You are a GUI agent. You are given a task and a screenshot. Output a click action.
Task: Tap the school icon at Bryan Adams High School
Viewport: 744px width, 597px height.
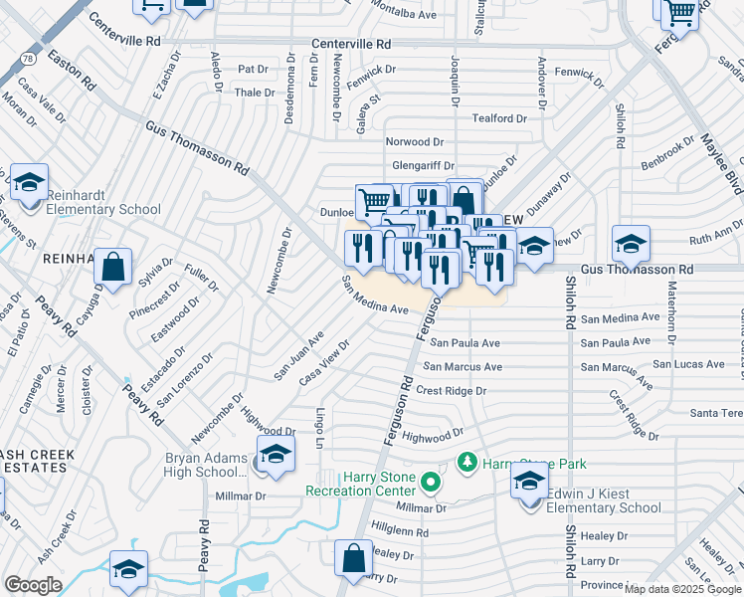coord(276,456)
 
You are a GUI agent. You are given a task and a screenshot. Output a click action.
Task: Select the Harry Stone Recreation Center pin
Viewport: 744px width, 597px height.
coord(430,484)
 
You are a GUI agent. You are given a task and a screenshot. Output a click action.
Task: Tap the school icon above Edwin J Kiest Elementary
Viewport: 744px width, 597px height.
coord(530,482)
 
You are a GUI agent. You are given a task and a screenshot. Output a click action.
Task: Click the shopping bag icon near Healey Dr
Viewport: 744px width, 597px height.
coord(353,558)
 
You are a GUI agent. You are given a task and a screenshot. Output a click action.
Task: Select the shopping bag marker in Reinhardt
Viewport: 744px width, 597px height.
coord(113,267)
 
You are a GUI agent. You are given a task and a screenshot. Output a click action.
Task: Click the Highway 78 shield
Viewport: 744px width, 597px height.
coord(26,61)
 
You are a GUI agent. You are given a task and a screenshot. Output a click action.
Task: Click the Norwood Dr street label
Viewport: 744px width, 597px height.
coord(415,143)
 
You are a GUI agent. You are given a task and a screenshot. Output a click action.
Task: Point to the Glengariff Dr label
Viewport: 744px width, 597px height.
coord(423,166)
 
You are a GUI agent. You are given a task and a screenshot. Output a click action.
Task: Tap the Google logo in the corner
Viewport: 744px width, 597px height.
coord(33,585)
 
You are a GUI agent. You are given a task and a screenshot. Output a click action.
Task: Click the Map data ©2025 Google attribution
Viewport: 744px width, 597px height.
coord(682,589)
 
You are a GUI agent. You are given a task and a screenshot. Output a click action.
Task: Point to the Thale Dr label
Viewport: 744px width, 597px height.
coord(253,93)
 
